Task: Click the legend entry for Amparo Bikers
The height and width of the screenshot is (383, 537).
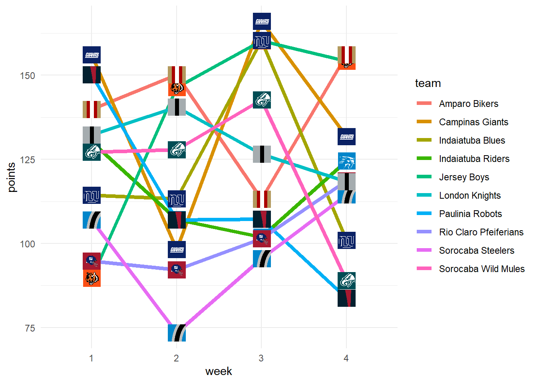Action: coord(468,104)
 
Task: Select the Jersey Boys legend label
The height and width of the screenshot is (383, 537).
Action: coord(464,177)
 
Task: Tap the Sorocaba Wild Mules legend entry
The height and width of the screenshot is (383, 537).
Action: coord(481,269)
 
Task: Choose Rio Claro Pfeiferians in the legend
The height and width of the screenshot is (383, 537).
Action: coord(481,232)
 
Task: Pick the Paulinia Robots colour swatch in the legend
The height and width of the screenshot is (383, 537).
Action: coord(424,214)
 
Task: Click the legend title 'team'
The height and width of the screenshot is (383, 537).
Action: coord(428,83)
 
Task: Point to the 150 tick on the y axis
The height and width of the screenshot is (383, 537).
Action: coord(27,75)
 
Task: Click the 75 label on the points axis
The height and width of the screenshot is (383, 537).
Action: coord(30,328)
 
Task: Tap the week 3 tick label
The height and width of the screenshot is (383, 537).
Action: coord(261,358)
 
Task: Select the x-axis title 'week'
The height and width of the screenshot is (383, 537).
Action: coord(219,371)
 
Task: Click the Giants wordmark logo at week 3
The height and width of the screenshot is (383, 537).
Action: coord(262,21)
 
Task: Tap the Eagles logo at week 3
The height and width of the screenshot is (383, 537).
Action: coord(262,100)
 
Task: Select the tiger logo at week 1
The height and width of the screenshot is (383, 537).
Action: coord(92,278)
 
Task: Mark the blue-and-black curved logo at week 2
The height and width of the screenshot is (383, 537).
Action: coord(177,333)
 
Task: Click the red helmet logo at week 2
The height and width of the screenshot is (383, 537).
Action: coord(177,270)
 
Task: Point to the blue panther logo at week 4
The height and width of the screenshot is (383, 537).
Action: coord(346,161)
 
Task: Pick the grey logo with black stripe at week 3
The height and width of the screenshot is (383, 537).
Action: coord(262,154)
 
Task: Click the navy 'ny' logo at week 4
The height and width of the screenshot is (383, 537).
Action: coord(346,241)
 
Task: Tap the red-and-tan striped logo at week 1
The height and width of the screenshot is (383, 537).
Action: coord(92,109)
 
